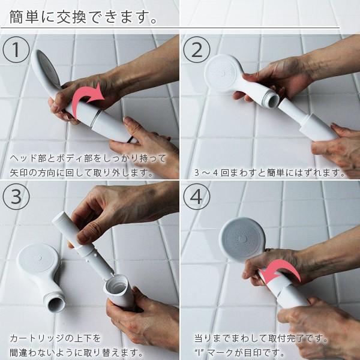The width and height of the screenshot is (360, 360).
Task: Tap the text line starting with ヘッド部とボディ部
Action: click(x=87, y=160)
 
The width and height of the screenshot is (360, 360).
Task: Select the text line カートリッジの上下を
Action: click(x=55, y=338)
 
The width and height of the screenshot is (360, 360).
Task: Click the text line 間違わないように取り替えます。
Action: click(x=76, y=352)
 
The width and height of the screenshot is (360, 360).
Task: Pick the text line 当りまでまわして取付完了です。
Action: click(x=261, y=338)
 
